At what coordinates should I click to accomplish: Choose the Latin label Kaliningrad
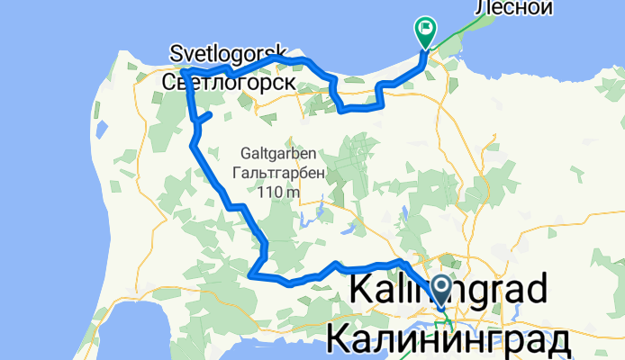pos(448,290)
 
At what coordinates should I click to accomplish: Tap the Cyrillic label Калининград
pos(448,340)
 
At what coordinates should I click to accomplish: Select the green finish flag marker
pos(424,31)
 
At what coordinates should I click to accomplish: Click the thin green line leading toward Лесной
pos(459,36)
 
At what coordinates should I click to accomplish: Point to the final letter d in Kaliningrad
pos(535,290)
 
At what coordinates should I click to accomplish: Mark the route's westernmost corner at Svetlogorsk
pos(183,70)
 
